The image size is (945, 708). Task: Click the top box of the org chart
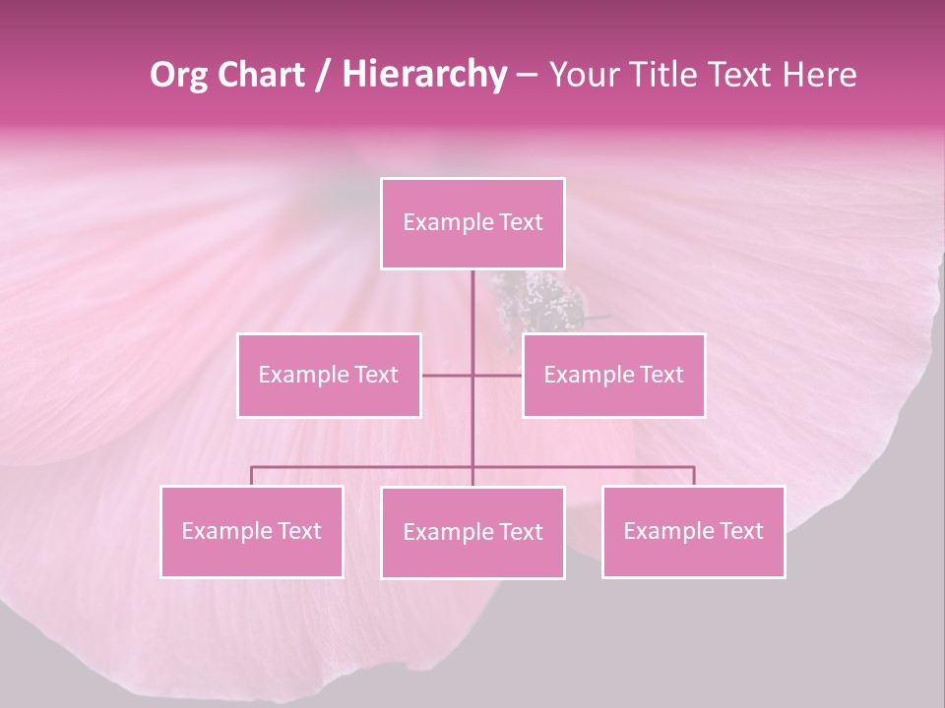[x=472, y=223]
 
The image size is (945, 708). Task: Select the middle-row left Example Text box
[x=329, y=375]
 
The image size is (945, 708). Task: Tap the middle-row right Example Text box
[x=613, y=375]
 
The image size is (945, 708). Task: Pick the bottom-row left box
[x=252, y=531]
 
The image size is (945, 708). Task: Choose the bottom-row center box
[x=472, y=532]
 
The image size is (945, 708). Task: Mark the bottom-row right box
[x=693, y=531]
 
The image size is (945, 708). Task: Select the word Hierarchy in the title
[x=423, y=75]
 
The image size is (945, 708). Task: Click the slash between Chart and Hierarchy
[x=323, y=76]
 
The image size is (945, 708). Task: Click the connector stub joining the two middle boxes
[x=472, y=375]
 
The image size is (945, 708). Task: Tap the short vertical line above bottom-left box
[x=251, y=476]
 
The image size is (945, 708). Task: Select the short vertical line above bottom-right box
[x=694, y=476]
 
